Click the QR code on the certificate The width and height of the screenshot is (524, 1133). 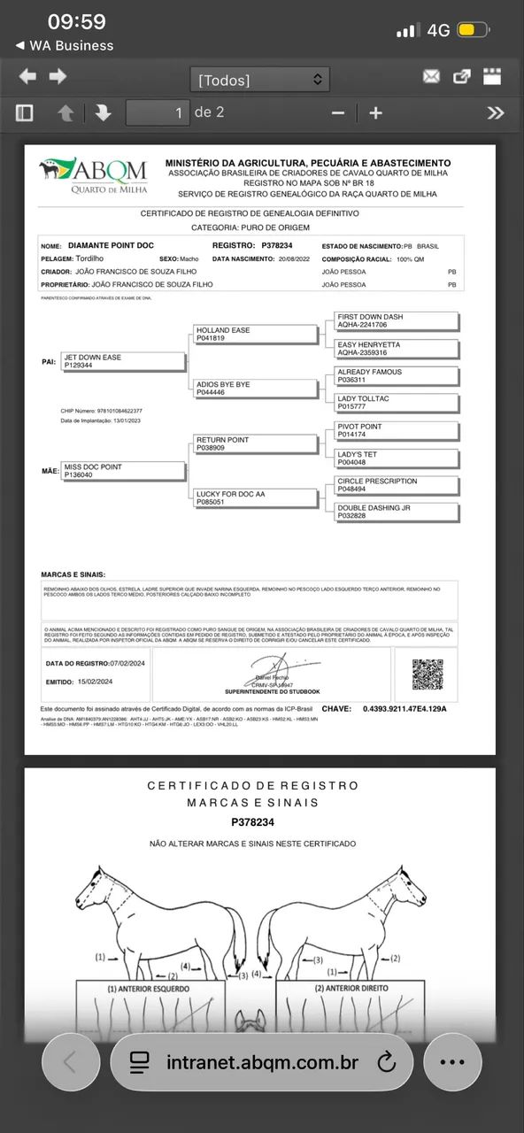point(428,674)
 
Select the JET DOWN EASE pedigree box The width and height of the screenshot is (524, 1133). point(123,361)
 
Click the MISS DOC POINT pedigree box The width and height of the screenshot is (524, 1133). point(123,471)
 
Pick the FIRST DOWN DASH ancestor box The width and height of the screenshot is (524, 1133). point(396,320)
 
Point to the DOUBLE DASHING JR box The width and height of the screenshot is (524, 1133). point(396,512)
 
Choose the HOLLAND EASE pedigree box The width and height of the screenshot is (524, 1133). point(255,334)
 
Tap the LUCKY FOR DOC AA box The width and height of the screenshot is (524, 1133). point(255,498)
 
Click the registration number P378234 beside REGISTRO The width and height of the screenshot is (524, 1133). point(283,244)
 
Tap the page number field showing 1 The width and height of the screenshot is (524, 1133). point(158,112)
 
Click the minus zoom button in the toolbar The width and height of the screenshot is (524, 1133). point(337,112)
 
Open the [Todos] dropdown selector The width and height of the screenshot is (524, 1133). point(259,80)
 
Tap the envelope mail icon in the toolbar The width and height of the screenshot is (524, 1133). point(431,77)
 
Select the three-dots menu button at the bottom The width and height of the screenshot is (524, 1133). point(452,1062)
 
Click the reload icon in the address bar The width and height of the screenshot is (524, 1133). point(386,1062)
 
